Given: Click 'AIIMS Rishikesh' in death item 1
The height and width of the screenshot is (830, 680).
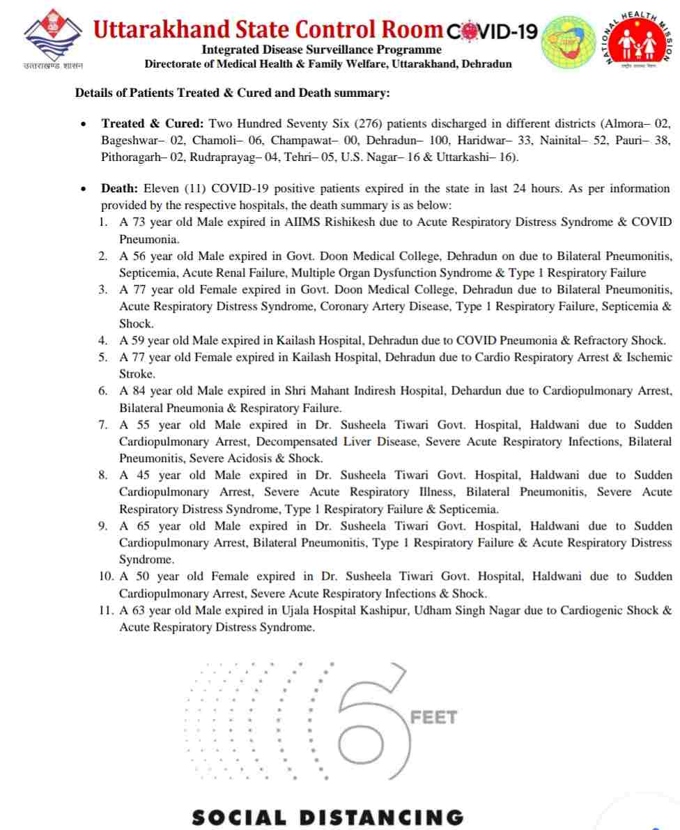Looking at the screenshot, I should point(323,222).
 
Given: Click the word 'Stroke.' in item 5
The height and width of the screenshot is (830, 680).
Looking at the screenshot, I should point(137,374).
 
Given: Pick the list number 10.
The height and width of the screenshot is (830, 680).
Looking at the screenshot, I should point(107,577).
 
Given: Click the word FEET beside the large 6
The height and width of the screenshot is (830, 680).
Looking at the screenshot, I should point(433,717).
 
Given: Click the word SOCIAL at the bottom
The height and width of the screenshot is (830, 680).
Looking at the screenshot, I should point(238,817).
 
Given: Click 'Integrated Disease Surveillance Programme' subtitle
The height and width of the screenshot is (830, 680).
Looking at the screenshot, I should point(321,49).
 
